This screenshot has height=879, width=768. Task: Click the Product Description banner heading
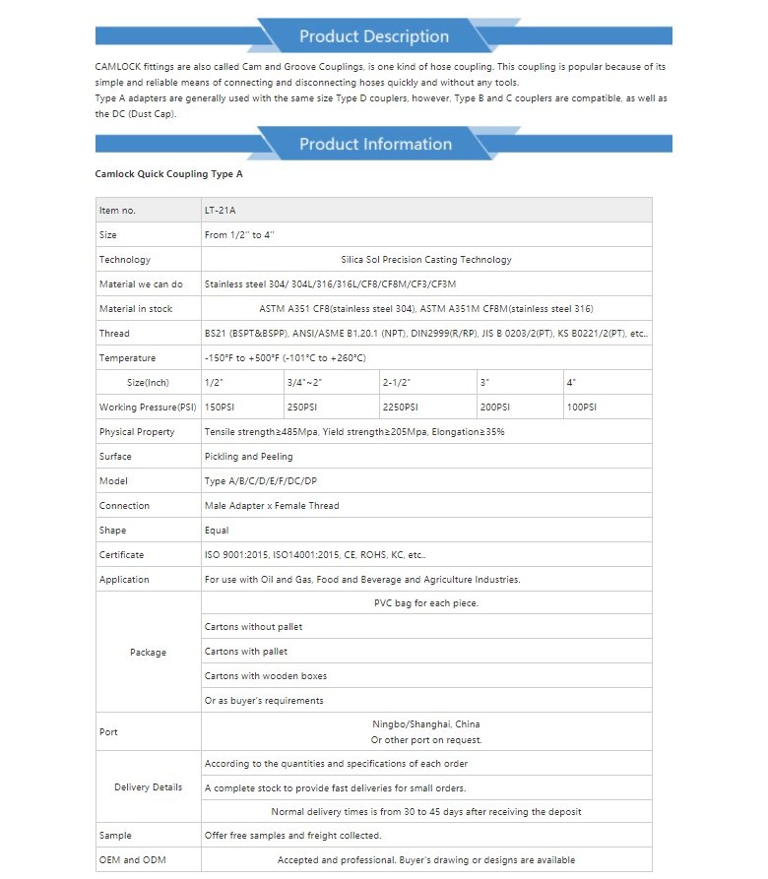click(373, 36)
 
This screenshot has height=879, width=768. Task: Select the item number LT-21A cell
click(220, 211)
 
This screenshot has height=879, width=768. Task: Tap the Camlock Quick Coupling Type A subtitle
click(168, 173)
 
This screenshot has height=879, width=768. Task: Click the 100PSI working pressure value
click(581, 408)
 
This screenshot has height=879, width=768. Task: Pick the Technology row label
click(125, 260)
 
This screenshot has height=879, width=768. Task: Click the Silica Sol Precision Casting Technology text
click(425, 260)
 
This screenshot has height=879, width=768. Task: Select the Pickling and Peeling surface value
click(248, 457)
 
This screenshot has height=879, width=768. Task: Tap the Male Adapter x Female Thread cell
click(272, 506)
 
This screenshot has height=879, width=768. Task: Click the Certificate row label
click(121, 555)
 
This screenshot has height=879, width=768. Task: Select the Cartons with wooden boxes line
click(266, 676)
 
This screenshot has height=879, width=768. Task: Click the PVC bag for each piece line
click(426, 602)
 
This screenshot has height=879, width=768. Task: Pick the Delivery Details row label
click(149, 787)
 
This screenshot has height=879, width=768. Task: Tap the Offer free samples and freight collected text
click(292, 836)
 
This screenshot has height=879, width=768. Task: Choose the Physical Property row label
click(137, 432)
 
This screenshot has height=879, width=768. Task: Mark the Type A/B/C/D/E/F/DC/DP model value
click(261, 481)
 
